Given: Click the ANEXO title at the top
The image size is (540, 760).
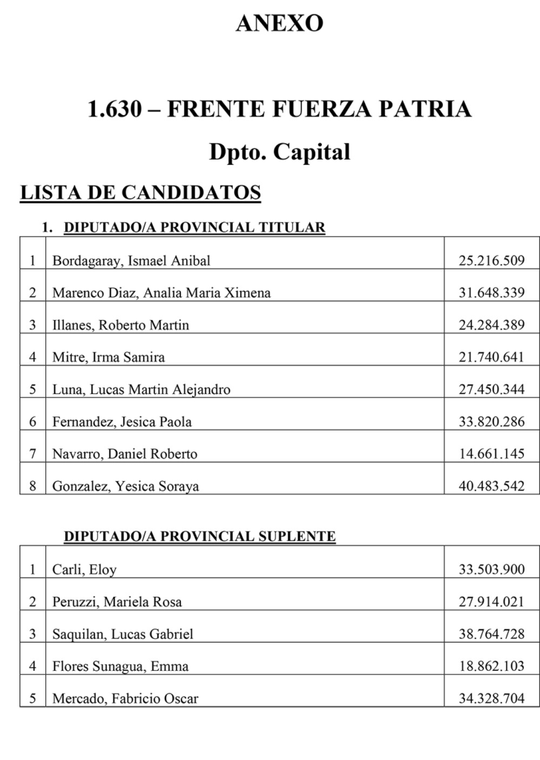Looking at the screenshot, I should (279, 24).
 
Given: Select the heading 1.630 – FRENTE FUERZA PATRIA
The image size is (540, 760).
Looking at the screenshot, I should (279, 110).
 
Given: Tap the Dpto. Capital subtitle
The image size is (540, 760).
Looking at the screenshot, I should (279, 153).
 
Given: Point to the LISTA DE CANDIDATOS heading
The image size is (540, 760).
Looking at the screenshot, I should (140, 193).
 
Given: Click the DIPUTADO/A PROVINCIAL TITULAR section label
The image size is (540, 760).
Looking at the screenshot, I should (194, 227).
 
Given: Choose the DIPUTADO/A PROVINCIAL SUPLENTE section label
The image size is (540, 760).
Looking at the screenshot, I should (200, 536).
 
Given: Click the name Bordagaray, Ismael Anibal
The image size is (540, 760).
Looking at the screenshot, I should (131, 261).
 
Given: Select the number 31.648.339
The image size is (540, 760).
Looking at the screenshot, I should (492, 292).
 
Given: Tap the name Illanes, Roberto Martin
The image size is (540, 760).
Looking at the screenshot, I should (120, 325).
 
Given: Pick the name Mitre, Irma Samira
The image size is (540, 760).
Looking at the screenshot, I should (108, 357).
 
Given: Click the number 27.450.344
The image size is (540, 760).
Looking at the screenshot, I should (492, 390).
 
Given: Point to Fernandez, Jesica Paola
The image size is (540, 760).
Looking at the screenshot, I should (122, 422).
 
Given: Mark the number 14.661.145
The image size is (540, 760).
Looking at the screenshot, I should (492, 453).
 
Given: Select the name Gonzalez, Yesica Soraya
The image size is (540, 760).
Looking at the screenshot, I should (125, 486).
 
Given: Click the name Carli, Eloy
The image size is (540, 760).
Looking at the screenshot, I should (84, 570).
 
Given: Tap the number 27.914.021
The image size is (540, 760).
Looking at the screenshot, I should (492, 602).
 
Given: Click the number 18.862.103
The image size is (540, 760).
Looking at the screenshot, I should (492, 666).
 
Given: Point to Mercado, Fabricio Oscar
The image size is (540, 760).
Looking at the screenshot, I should (125, 698).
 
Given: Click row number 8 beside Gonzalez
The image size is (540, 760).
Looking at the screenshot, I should (33, 486).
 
